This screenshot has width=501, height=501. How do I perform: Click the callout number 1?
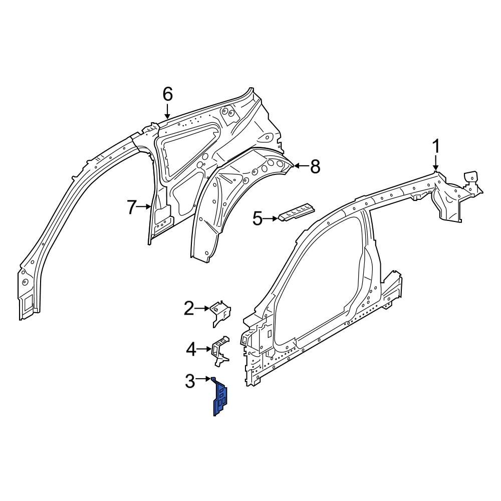[436, 147]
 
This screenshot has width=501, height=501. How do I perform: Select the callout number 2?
[188, 309]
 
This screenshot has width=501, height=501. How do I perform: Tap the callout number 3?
[190, 381]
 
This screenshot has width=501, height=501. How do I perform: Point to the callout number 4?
[191, 349]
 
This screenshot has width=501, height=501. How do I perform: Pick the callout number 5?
[257, 218]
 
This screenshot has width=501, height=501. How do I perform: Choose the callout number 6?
[167, 94]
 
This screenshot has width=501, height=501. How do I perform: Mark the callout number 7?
[132, 206]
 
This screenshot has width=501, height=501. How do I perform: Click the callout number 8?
[315, 166]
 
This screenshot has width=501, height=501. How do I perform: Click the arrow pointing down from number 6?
[167, 111]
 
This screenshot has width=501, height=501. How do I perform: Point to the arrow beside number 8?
[301, 166]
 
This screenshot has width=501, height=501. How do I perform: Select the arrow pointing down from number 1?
[436, 163]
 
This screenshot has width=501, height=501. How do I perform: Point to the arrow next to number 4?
[205, 349]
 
